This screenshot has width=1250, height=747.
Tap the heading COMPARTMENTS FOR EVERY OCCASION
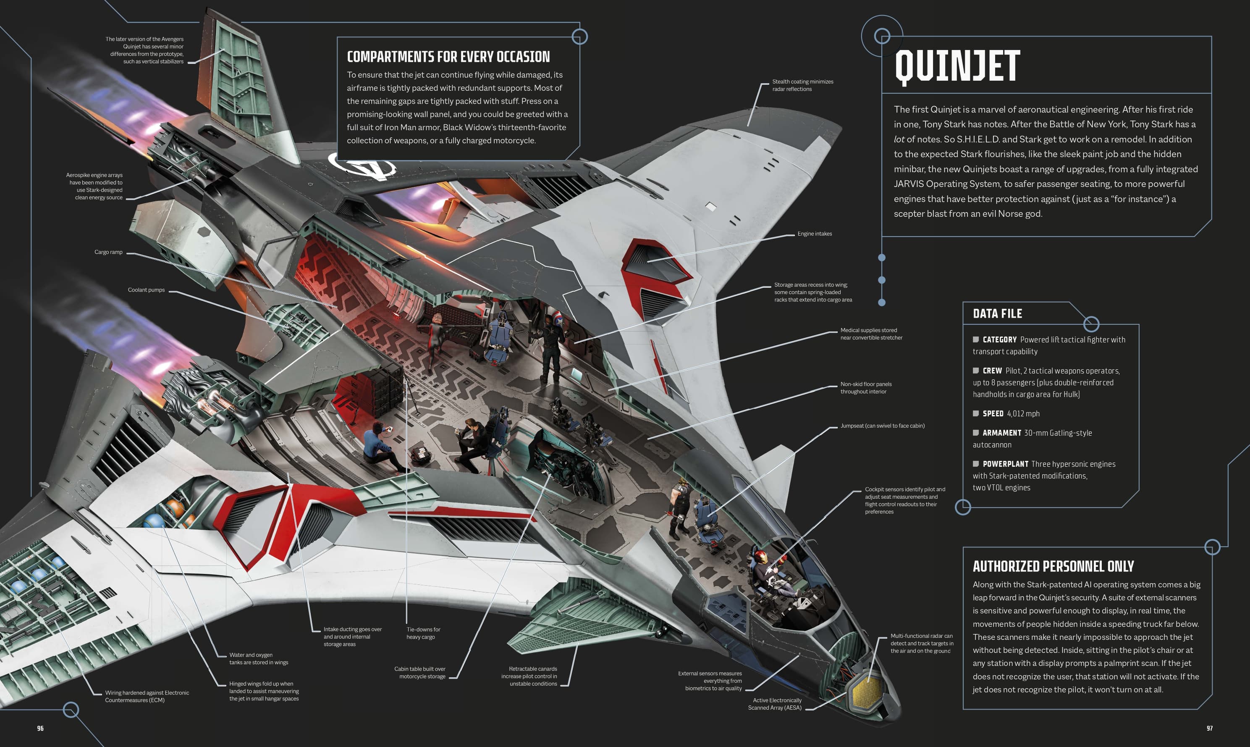[x=448, y=57]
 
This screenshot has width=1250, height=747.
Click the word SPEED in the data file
[x=993, y=413]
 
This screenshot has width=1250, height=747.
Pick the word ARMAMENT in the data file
[x=1001, y=433]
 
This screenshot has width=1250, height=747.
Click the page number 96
[x=40, y=728]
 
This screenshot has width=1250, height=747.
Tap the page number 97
[x=1209, y=728]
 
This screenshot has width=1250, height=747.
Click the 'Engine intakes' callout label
[x=815, y=234]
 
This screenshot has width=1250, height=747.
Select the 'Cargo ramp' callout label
[x=108, y=252]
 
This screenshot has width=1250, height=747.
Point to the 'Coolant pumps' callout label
[x=146, y=290]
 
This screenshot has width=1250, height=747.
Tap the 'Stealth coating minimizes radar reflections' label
[x=802, y=85]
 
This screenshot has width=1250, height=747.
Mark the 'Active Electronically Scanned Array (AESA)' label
[x=775, y=704]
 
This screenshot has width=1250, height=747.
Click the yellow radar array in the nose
[x=866, y=691]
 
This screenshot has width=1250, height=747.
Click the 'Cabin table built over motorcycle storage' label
[x=420, y=673]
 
